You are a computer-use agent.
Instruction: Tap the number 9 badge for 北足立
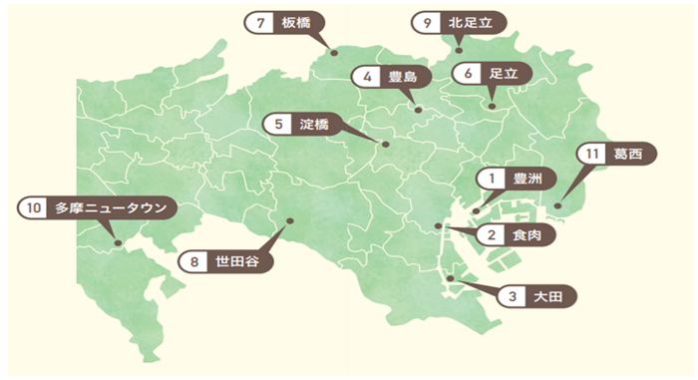pos(428,20)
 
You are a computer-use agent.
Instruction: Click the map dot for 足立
pos(493,103)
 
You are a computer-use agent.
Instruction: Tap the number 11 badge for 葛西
pos(592,155)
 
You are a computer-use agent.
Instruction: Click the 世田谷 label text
pos(237,263)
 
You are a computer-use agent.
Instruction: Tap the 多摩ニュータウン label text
pos(110,208)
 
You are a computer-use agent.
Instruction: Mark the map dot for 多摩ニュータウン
pos(118,242)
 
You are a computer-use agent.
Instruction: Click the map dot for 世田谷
pos(289,221)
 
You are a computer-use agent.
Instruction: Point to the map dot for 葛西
pos(557,206)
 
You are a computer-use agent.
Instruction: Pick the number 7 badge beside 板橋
pos(260,22)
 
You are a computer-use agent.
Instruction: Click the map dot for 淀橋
pos(386,146)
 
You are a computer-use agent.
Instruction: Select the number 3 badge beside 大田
pos(512,296)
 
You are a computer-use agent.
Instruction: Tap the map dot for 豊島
pos(418,110)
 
